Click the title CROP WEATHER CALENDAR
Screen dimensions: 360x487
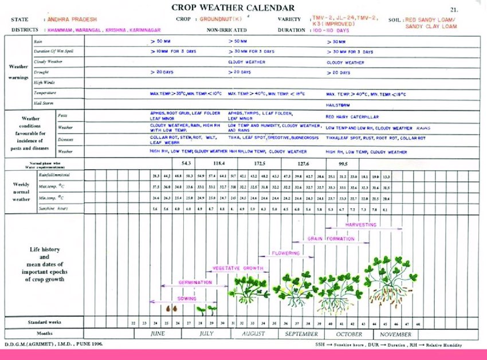point(233,8)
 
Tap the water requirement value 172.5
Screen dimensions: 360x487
point(260,163)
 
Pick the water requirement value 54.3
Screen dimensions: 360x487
point(186,163)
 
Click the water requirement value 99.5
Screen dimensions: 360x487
point(342,163)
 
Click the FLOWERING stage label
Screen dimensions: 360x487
point(286,253)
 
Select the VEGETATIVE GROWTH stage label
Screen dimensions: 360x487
point(237,268)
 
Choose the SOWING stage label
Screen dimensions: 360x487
point(187,299)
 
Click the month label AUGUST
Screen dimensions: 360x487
point(253,334)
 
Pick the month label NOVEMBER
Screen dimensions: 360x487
point(395,334)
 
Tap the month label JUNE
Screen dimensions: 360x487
point(157,334)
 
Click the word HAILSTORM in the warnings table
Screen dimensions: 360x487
point(339,105)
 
